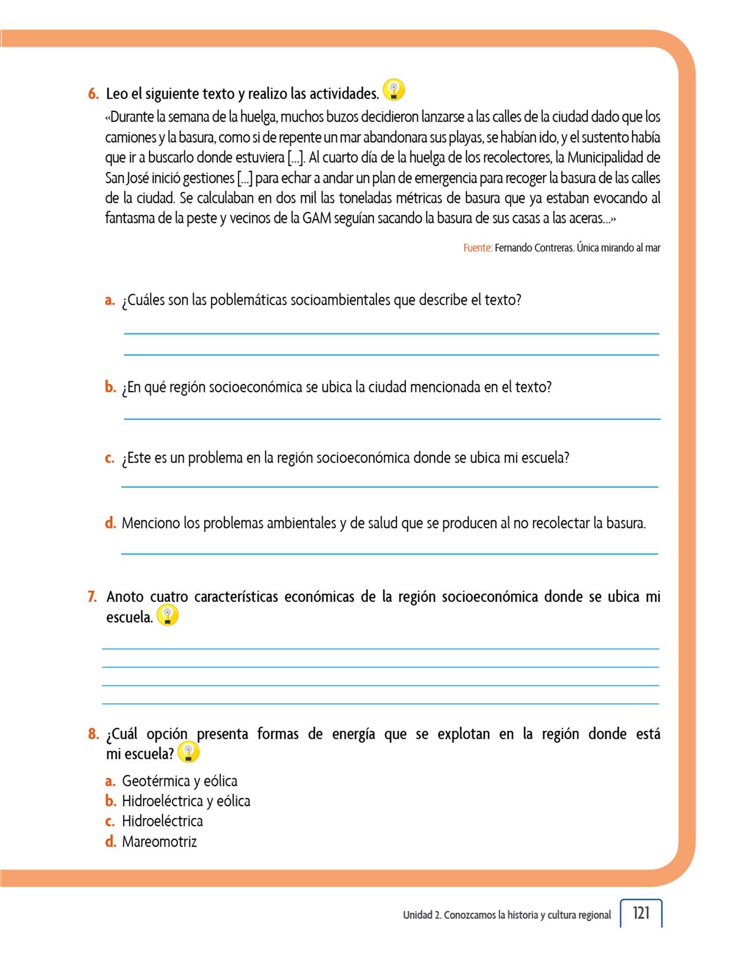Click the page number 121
pyautogui.click(x=641, y=913)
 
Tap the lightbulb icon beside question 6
pyautogui.click(x=394, y=90)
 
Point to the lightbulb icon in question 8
pyautogui.click(x=188, y=752)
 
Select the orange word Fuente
pyautogui.click(x=477, y=248)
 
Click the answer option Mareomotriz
pyautogui.click(x=159, y=842)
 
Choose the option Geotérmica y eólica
pyautogui.click(x=179, y=781)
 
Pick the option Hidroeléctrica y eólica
pyautogui.click(x=186, y=801)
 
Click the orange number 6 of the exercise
pyautogui.click(x=93, y=94)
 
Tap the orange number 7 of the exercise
pyautogui.click(x=92, y=597)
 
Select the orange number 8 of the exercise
pyautogui.click(x=93, y=734)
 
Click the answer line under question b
pyautogui.click(x=392, y=419)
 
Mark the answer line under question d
pyautogui.click(x=389, y=553)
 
